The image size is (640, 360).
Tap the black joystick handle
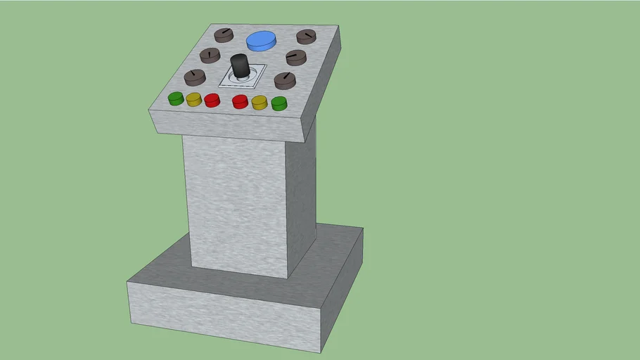(240, 66)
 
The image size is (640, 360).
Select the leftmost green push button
(176, 98)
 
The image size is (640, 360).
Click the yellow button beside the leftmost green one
(194, 99)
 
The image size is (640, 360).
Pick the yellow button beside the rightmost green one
(260, 103)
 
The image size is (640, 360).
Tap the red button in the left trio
(212, 100)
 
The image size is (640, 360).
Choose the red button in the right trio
(241, 102)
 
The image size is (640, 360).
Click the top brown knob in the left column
(224, 34)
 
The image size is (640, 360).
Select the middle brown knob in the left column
(210, 55)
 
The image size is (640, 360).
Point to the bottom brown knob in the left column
(195, 77)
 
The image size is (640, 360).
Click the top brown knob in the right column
(306, 37)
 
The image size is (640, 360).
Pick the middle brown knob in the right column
(296, 57)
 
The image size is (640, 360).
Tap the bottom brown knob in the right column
(284, 79)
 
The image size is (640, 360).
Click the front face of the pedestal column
(233, 204)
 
